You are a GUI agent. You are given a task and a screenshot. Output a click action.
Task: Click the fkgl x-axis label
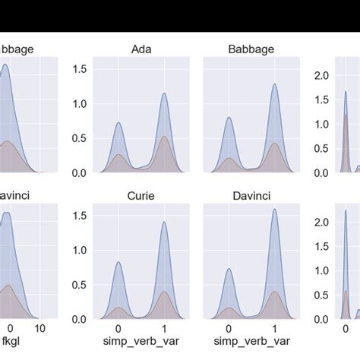(11, 343)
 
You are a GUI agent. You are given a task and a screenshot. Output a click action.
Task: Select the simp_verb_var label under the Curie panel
(142, 343)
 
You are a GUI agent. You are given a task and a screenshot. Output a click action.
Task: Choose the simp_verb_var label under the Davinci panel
(251, 343)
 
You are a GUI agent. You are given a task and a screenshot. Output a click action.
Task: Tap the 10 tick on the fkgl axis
(41, 328)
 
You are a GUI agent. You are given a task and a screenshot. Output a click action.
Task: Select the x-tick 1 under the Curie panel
(164, 328)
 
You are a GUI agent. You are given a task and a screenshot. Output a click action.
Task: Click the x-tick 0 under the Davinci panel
(229, 328)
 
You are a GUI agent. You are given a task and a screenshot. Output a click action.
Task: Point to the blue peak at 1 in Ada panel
(164, 93)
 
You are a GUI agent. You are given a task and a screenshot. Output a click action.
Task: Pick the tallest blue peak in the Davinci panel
(273, 210)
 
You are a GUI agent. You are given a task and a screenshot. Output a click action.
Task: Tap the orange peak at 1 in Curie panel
(164, 292)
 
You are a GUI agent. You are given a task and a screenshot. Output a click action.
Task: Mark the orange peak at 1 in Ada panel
(164, 137)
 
